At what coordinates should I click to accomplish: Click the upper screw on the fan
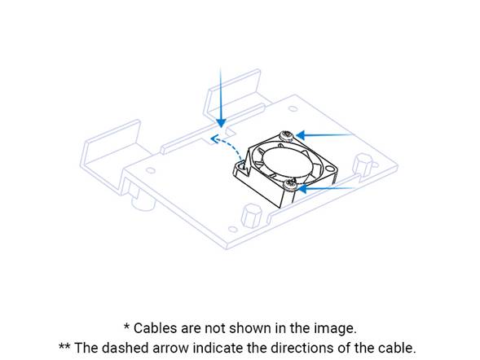point(287,135)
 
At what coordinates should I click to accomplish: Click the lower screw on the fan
point(290,185)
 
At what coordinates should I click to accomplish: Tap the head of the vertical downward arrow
point(221,123)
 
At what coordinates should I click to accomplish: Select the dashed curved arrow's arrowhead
point(214,138)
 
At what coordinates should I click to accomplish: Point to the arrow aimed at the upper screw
point(324,135)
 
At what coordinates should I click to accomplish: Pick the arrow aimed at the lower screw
point(326,189)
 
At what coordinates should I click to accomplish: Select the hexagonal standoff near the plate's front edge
point(252,215)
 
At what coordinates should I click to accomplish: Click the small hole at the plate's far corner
point(293,108)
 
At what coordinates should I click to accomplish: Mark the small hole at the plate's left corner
point(150,170)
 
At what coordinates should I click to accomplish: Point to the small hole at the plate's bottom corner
point(233,229)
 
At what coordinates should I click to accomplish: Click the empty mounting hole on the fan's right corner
point(329,169)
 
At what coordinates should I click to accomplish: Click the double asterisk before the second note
point(64,346)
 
